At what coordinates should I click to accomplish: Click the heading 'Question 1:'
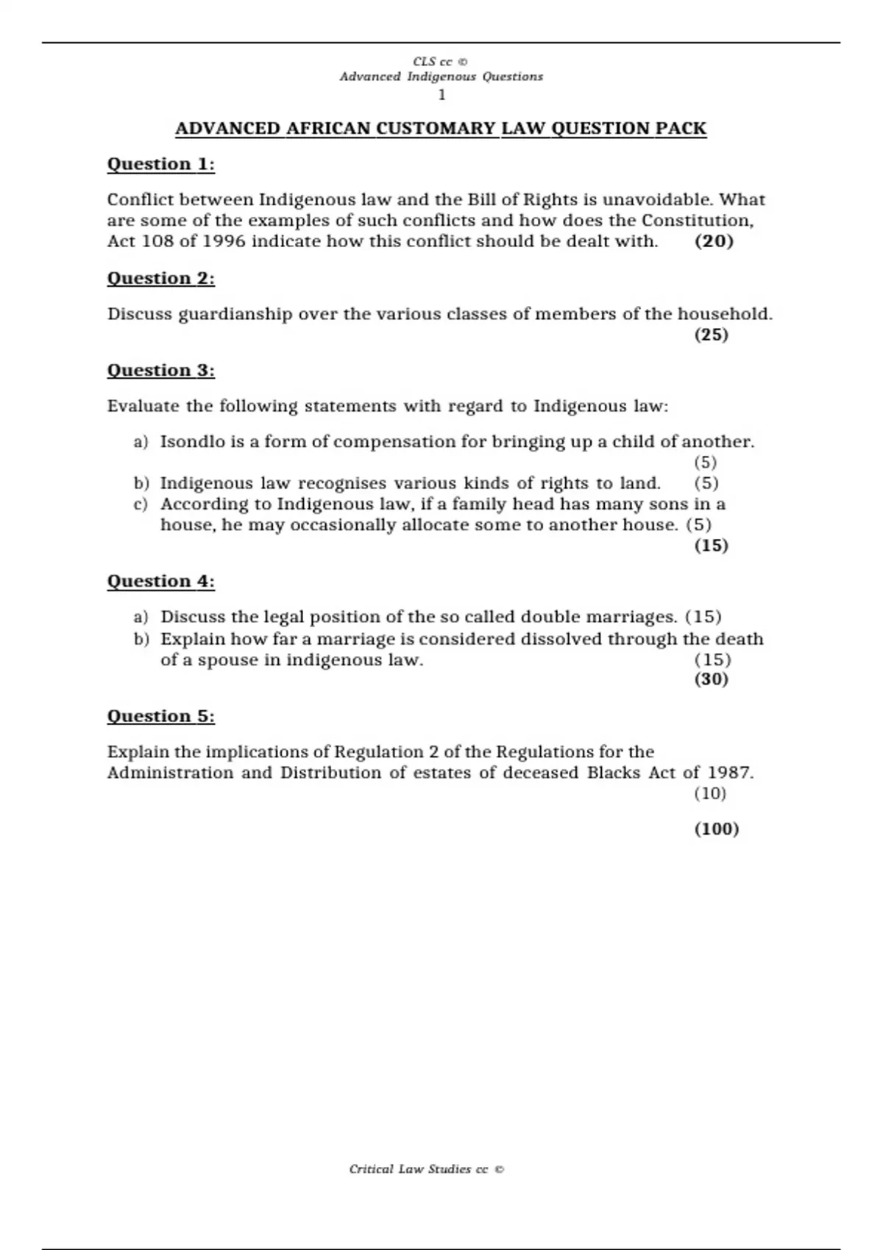pyautogui.click(x=161, y=164)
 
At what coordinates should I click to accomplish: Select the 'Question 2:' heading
pyautogui.click(x=161, y=278)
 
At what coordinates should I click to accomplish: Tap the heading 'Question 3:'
pyautogui.click(x=161, y=370)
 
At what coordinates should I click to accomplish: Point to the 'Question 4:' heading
pyautogui.click(x=161, y=581)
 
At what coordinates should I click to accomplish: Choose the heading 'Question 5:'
pyautogui.click(x=161, y=716)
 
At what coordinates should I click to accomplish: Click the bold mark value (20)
pyautogui.click(x=714, y=241)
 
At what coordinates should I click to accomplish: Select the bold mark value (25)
pyautogui.click(x=711, y=335)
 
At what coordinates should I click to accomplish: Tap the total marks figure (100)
pyautogui.click(x=716, y=829)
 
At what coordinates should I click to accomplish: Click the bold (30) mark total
pyautogui.click(x=711, y=679)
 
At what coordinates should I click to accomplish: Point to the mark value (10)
pyautogui.click(x=710, y=793)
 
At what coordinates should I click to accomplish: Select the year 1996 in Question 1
pyautogui.click(x=224, y=241)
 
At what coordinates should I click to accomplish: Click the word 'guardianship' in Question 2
pyautogui.click(x=235, y=315)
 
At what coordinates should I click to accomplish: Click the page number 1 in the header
pyautogui.click(x=441, y=95)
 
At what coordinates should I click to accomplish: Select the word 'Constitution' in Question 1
pyautogui.click(x=696, y=221)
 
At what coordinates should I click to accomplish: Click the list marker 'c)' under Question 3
pyautogui.click(x=141, y=504)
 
